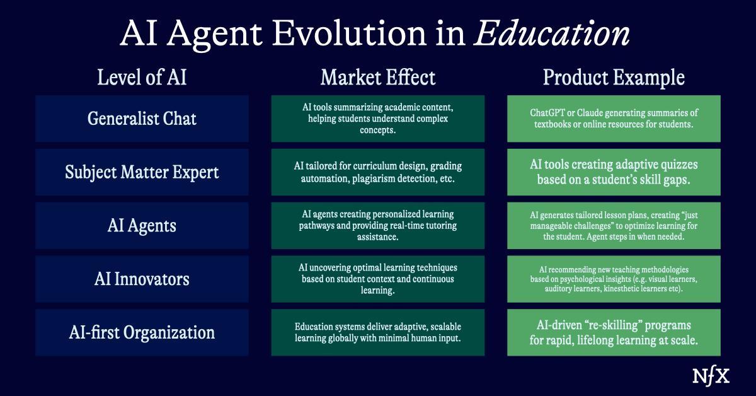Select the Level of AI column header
click(142, 78)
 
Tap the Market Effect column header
click(378, 78)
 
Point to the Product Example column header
click(614, 78)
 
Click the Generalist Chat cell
click(142, 119)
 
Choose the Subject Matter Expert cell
click(142, 172)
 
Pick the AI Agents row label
click(142, 225)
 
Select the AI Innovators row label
click(142, 279)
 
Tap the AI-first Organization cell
click(142, 332)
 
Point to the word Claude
click(594, 113)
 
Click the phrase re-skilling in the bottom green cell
click(594, 325)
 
